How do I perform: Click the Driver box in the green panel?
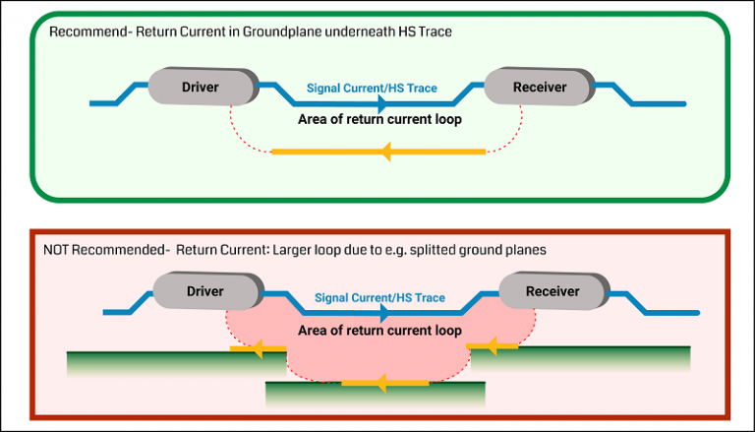(x=200, y=88)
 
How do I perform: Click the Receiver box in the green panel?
(x=540, y=88)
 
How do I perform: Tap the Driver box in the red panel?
(x=204, y=291)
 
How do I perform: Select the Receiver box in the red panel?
(x=552, y=291)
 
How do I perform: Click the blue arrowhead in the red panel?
(x=385, y=312)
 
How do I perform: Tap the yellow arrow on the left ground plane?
(x=258, y=347)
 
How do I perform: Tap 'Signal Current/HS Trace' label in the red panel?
(x=379, y=297)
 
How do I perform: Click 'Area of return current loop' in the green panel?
(x=379, y=119)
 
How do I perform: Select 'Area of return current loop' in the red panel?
(x=379, y=331)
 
